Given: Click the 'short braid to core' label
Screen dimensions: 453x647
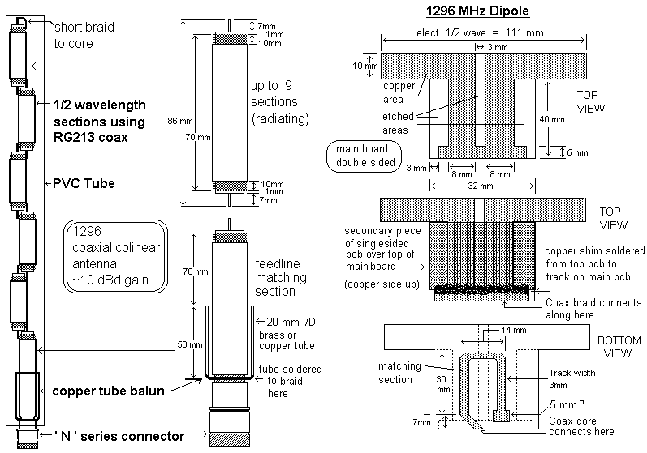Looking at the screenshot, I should pyautogui.click(x=84, y=35).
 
